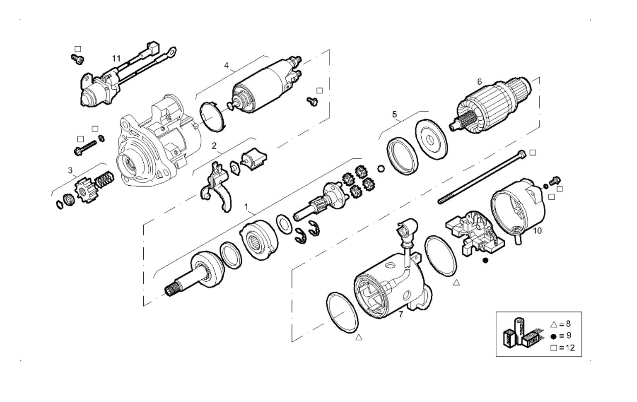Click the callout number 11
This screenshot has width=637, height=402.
pos(116,59)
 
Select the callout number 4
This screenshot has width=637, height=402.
pos(226,65)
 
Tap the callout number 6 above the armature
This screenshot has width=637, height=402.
pos(479,82)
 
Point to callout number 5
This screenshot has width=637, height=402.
pos(394,114)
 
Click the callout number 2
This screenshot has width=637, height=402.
pos(214,146)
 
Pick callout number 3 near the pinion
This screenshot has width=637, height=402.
pos(70,170)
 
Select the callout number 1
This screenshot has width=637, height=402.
pos(246,207)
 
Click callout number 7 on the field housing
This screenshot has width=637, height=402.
pos(401,314)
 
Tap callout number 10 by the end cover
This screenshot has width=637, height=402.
pos(537,231)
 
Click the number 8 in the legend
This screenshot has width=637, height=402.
pos(568,324)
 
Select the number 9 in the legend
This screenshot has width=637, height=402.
pos(569,336)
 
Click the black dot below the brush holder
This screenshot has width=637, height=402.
pos(485,261)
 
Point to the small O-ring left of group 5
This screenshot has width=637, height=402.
pos(381,169)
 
